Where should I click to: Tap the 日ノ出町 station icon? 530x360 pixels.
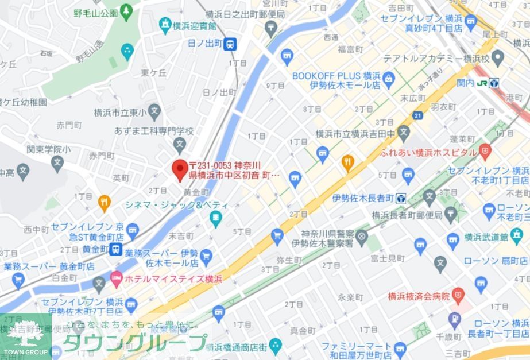[x=230, y=43]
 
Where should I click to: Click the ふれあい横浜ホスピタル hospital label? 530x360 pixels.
[x=428, y=153]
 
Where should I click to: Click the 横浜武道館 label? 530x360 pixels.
[x=504, y=237]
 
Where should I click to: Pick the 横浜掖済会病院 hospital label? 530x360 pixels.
[x=419, y=296]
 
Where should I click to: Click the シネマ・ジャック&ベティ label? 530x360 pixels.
[x=177, y=205]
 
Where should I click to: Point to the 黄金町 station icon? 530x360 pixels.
[x=117, y=249]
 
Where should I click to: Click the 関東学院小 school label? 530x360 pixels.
[x=49, y=149]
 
